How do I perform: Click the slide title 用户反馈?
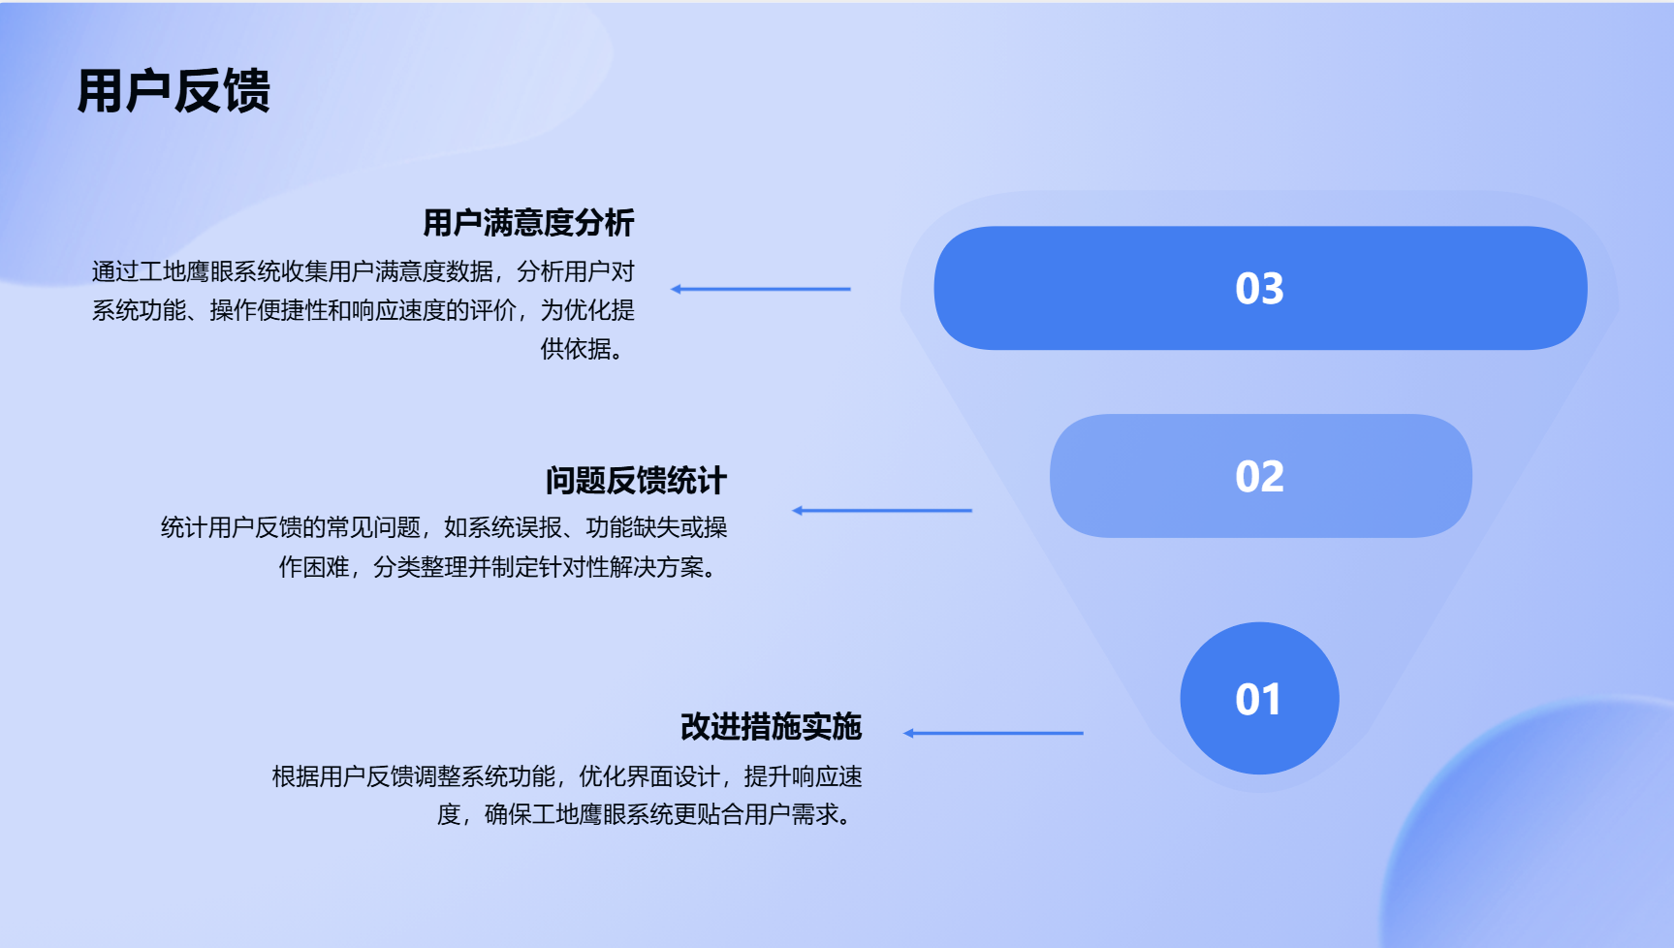click(174, 91)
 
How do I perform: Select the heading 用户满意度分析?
click(528, 223)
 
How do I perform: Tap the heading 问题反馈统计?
click(636, 480)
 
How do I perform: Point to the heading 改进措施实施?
click(772, 726)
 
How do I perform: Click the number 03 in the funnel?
click(1259, 289)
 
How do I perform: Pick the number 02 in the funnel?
click(1259, 477)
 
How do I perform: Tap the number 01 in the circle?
click(1258, 700)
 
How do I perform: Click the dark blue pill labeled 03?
click(1260, 288)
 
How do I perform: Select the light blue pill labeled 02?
click(1260, 476)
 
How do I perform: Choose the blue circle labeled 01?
click(1259, 698)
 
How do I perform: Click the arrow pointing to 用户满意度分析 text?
click(761, 289)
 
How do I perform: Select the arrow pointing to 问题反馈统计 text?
click(882, 510)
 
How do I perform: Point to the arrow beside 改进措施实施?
click(994, 733)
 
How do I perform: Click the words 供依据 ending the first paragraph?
click(576, 349)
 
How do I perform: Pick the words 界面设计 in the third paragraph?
click(673, 776)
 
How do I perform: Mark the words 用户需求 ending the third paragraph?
click(791, 814)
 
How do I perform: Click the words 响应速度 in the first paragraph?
click(398, 310)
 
